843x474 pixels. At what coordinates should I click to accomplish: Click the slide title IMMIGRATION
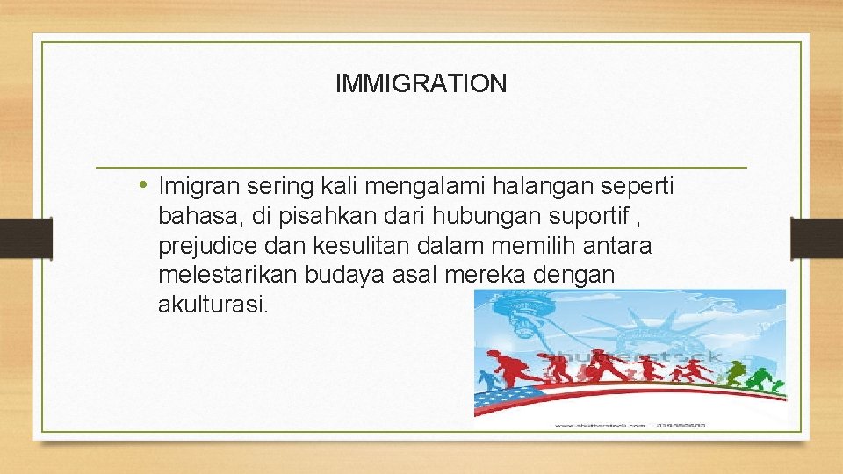coord(421,84)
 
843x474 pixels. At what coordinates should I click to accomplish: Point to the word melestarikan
coord(228,276)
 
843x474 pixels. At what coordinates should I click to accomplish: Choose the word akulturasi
coord(211,306)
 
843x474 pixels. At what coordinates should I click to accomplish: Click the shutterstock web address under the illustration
coord(600,426)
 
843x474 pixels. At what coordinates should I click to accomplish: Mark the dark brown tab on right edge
coord(816,238)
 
